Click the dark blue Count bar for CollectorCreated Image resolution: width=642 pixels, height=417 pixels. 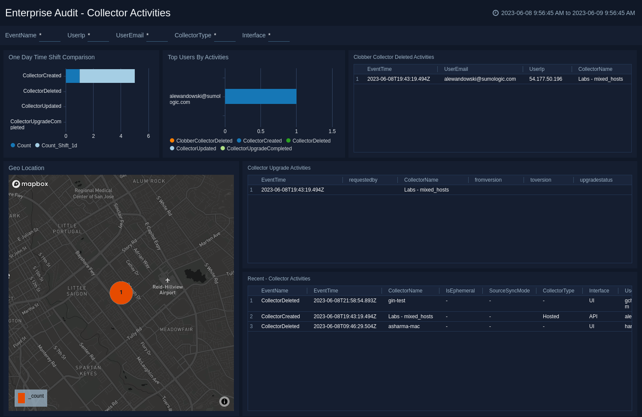(73, 76)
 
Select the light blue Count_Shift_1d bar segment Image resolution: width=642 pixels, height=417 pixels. (107, 76)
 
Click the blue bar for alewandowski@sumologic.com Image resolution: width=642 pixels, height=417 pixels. (260, 97)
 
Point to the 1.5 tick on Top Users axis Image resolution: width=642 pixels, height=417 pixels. (332, 131)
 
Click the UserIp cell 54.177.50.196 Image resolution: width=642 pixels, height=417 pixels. (545, 79)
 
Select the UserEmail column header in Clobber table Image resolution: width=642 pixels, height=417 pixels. (456, 69)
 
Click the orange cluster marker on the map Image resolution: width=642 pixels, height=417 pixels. (121, 293)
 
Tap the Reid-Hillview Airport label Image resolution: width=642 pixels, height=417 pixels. (167, 290)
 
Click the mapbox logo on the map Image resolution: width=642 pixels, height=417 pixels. (30, 184)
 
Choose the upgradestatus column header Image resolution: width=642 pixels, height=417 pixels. (596, 180)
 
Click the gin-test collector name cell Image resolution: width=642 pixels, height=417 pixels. (397, 301)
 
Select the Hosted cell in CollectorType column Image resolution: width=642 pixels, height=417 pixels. (551, 317)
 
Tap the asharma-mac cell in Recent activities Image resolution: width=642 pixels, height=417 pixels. (404, 326)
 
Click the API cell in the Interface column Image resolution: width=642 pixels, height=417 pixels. (593, 317)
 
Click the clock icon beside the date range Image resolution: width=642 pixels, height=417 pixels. (495, 13)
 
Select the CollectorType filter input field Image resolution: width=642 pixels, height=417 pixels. (224, 36)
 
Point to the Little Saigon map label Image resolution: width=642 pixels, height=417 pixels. (77, 291)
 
